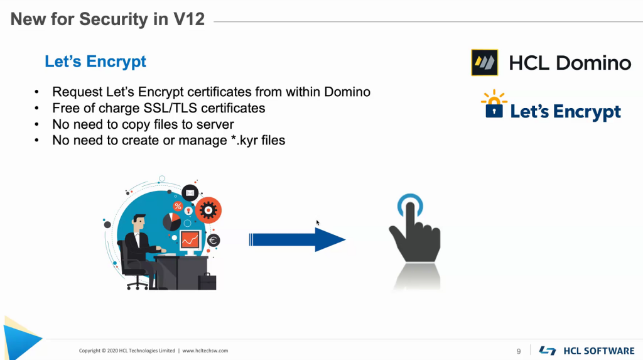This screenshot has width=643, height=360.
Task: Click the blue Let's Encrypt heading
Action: pyautogui.click(x=95, y=62)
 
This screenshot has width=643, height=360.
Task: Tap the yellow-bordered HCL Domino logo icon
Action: pyautogui.click(x=484, y=63)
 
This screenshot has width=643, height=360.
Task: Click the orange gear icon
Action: pyautogui.click(x=208, y=210)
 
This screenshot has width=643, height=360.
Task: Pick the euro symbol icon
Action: pyautogui.click(x=213, y=240)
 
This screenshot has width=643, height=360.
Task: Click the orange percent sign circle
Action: pyautogui.click(x=178, y=206)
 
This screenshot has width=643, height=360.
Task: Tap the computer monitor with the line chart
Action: pyautogui.click(x=190, y=239)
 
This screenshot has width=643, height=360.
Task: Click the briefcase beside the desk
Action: pyautogui.click(x=207, y=281)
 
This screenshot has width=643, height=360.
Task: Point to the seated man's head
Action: pyautogui.click(x=138, y=222)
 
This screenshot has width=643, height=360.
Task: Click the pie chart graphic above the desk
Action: pyautogui.click(x=171, y=221)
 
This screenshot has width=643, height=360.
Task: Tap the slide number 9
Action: pyautogui.click(x=519, y=351)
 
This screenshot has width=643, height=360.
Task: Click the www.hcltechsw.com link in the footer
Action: pyautogui.click(x=205, y=351)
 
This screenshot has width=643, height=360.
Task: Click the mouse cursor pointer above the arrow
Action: pyautogui.click(x=318, y=222)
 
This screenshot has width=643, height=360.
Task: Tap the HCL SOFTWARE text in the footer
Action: pyautogui.click(x=599, y=351)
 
